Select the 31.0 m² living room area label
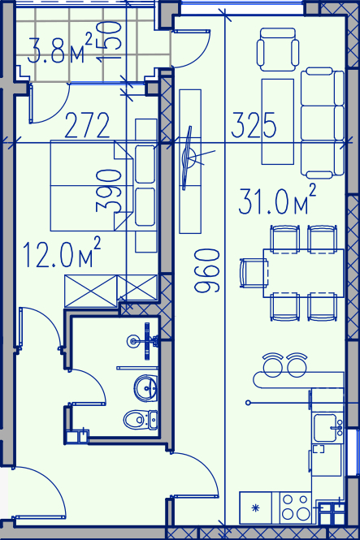(277, 200)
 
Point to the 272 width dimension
(87, 125)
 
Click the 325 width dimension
(254, 124)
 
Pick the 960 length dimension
(206, 271)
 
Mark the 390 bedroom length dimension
(109, 190)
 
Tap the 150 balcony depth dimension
(109, 41)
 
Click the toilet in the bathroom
(141, 420)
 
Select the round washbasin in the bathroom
(146, 388)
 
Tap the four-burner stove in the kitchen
(296, 508)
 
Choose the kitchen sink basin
(325, 428)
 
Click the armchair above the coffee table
(278, 50)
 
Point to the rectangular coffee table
(278, 122)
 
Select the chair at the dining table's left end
(254, 273)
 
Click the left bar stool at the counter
(273, 365)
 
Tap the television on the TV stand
(189, 158)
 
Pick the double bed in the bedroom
(92, 185)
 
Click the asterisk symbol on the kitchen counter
(255, 508)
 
